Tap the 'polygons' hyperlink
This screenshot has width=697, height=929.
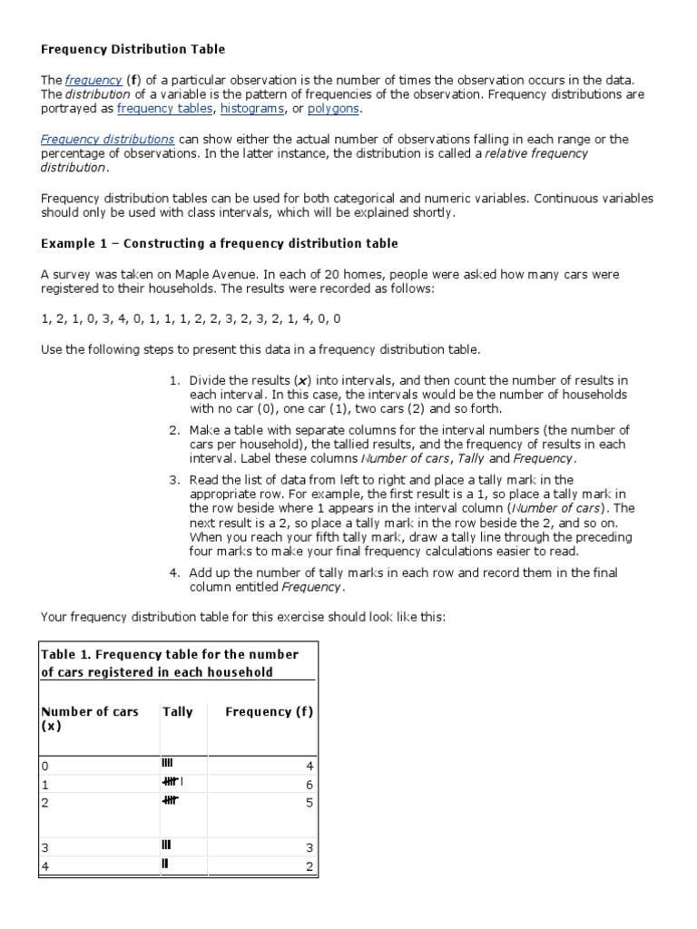333,109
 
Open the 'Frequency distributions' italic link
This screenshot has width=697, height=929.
108,139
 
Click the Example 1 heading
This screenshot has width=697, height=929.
219,244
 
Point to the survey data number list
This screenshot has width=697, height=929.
191,318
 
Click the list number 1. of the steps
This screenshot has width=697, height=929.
175,380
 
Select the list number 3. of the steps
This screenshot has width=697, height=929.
175,480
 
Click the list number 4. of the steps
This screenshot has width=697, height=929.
175,572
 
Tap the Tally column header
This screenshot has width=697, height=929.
177,712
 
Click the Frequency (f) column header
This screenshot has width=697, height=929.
269,712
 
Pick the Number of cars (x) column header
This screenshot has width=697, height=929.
90,719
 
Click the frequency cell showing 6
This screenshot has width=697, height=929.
309,783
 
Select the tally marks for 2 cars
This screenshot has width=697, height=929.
170,799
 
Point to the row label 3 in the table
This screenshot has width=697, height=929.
44,847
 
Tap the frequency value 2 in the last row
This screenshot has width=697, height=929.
309,866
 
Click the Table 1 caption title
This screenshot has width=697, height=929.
170,663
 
